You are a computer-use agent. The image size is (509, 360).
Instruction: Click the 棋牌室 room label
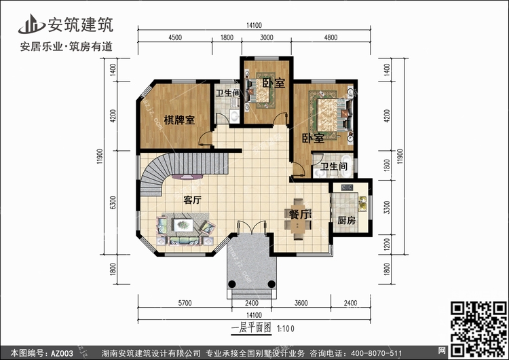click(179, 120)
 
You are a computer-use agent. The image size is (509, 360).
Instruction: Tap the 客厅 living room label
click(192, 200)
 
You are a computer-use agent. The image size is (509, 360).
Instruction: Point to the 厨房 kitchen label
click(346, 221)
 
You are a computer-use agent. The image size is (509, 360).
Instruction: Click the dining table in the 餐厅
click(298, 219)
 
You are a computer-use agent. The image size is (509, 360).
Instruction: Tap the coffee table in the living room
click(184, 225)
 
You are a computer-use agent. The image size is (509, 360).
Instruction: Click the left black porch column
click(232, 284)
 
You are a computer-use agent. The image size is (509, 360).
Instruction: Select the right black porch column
click(271, 285)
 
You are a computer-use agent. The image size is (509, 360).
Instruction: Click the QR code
click(479, 329)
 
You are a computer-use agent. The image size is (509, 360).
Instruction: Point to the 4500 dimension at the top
click(175, 37)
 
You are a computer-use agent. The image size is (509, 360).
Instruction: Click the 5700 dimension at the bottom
click(185, 303)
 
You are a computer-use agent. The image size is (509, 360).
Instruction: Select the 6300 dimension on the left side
click(113, 202)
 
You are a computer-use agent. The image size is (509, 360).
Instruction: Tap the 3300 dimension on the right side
click(387, 207)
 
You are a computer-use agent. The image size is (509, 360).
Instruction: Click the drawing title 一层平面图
click(251, 328)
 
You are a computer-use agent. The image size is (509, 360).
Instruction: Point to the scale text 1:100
click(285, 329)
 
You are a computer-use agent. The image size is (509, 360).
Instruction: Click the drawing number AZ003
click(62, 353)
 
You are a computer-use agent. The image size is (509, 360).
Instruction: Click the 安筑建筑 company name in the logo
click(81, 24)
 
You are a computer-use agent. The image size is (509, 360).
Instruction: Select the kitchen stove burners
click(347, 187)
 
